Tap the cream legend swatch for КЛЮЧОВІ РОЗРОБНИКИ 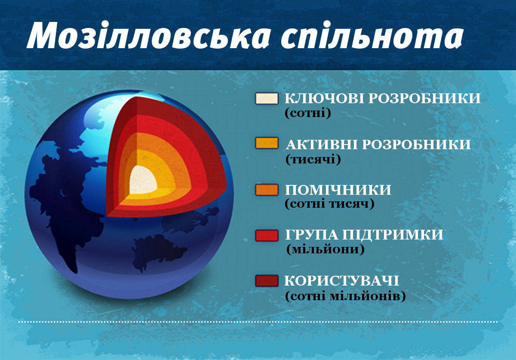(x=267, y=98)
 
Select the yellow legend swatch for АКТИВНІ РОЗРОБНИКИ (x=267, y=143)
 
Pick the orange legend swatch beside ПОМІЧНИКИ (x=267, y=190)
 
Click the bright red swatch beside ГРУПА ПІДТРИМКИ (x=267, y=235)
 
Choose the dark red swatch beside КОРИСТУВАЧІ (x=267, y=281)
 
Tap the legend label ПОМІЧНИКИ (x=338, y=190)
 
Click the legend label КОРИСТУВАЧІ (x=342, y=281)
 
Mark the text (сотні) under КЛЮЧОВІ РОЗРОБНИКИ (x=308, y=114)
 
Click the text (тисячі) (x=313, y=160)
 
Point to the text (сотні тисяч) (x=329, y=205)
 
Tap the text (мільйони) (x=325, y=250)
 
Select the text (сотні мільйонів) (x=345, y=296)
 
